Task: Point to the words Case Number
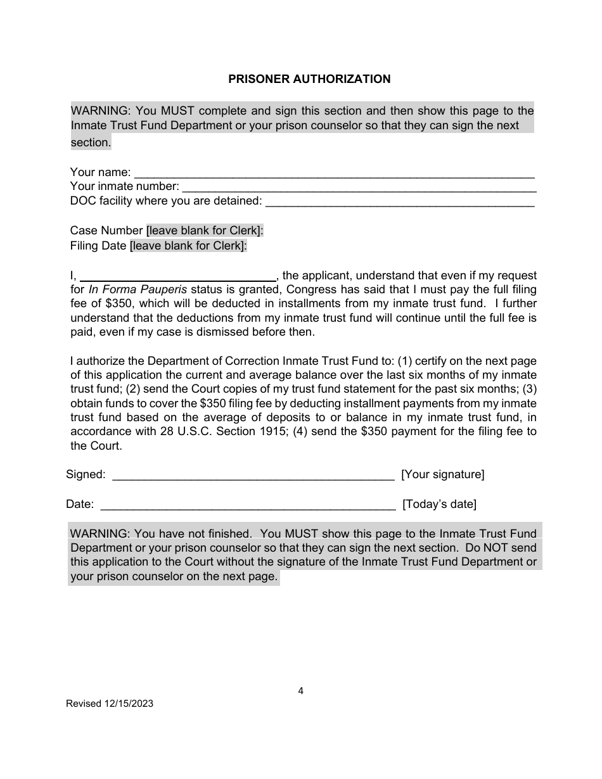pos(106,231)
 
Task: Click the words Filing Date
pos(98,246)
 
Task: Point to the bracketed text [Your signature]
pos(443,474)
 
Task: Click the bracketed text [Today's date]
pos(439,504)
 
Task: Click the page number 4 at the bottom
pos(300,691)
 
